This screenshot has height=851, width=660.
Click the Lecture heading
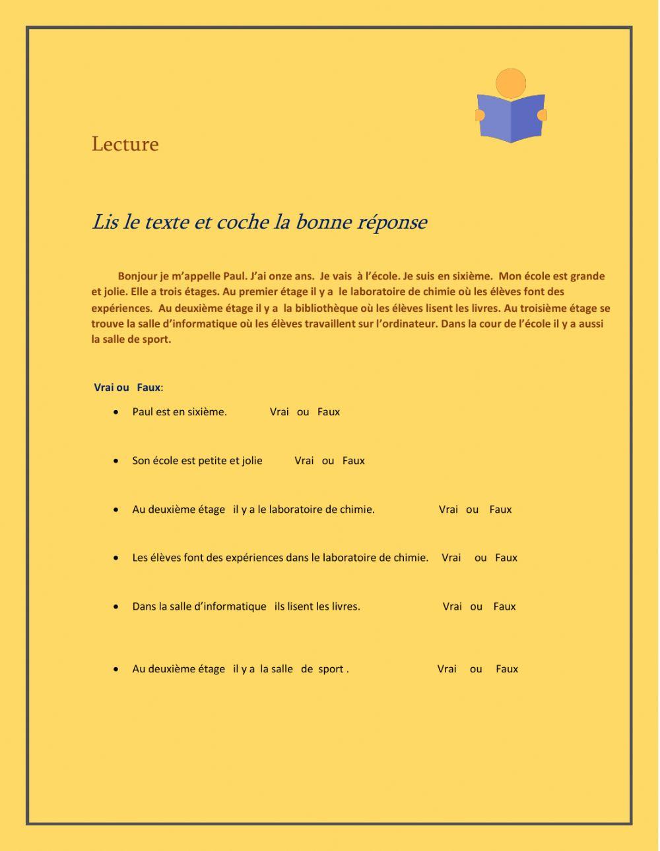coord(125,144)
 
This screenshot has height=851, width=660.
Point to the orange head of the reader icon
coord(511,83)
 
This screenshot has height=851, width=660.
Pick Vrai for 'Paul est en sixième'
coord(279,412)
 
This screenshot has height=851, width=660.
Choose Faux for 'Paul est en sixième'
coord(329,412)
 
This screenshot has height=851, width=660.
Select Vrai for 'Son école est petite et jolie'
coord(304,461)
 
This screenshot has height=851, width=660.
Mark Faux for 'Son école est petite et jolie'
coord(354,461)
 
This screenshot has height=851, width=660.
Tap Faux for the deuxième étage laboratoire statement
coord(500,510)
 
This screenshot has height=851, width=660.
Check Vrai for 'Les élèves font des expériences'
coord(451,558)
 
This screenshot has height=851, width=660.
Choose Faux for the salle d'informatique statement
coord(504,606)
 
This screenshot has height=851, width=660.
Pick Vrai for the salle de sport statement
coord(447,669)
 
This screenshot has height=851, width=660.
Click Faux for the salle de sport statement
coord(507,669)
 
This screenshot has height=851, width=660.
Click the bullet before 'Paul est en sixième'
coord(116,412)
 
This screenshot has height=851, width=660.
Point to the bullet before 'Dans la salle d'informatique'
coord(116,606)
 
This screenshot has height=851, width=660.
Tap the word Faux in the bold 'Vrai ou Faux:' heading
coord(148,388)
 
